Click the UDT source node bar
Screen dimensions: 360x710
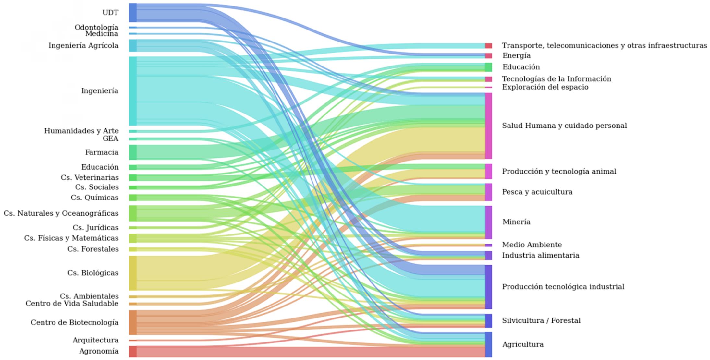[x=133, y=12]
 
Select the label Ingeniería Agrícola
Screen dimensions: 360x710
[x=83, y=45]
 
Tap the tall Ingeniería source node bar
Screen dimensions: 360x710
[x=133, y=91]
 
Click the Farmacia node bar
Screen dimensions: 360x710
[x=133, y=152]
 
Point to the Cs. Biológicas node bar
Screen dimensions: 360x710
[x=133, y=273]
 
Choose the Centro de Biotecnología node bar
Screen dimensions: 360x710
[x=133, y=322]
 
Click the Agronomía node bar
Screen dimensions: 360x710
[x=133, y=351]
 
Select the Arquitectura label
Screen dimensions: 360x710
[x=95, y=340]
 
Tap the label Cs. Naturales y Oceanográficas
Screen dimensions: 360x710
[x=61, y=213]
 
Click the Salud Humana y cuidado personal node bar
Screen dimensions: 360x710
[x=488, y=126]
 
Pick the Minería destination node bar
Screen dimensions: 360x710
[x=488, y=222]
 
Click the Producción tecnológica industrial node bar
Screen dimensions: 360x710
[x=488, y=287]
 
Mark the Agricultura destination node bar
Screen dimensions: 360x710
[x=488, y=344]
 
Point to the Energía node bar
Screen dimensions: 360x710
[x=488, y=56]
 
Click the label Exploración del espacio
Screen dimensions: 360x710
[x=545, y=87]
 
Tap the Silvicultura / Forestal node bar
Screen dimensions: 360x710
[x=488, y=321]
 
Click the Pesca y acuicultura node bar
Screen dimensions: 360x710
[x=488, y=192]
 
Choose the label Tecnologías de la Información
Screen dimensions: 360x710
[x=557, y=79]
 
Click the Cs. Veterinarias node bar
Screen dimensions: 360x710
[x=133, y=177]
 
